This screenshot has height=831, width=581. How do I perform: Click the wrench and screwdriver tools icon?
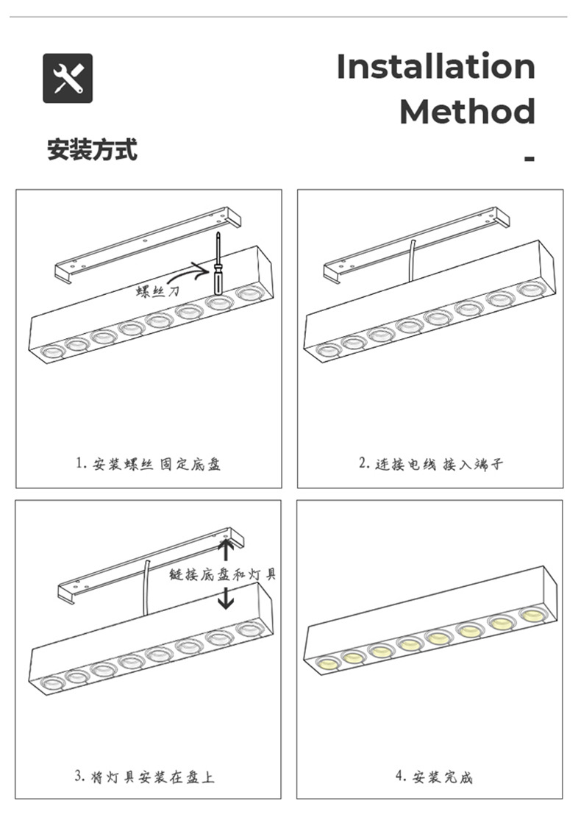tap(68, 78)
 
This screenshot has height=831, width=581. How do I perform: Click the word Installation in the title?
tap(435, 67)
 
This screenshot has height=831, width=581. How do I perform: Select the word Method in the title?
tap(467, 112)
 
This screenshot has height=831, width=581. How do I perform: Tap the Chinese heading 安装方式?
tap(92, 150)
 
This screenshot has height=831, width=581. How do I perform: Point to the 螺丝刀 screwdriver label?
tap(157, 292)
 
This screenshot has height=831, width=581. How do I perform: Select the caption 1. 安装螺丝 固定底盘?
tap(149, 464)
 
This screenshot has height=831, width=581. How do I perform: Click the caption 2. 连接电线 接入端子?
tap(430, 464)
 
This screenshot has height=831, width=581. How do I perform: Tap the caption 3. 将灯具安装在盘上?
tap(145, 777)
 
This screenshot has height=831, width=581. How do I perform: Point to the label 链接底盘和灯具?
tap(223, 574)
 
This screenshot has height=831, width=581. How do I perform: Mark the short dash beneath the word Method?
tap(529, 158)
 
